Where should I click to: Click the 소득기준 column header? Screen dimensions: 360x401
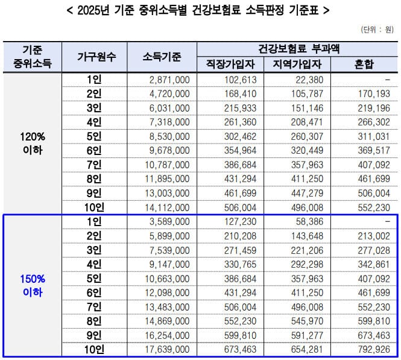pyautogui.click(x=162, y=57)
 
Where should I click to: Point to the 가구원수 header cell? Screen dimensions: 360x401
pyautogui.click(x=96, y=57)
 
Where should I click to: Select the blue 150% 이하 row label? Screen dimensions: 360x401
pyautogui.click(x=33, y=285)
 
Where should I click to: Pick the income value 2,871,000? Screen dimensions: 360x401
pyautogui.click(x=169, y=80)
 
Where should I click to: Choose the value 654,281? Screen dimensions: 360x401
pyautogui.click(x=308, y=349)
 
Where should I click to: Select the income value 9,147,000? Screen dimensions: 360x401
pyautogui.click(x=169, y=264)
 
